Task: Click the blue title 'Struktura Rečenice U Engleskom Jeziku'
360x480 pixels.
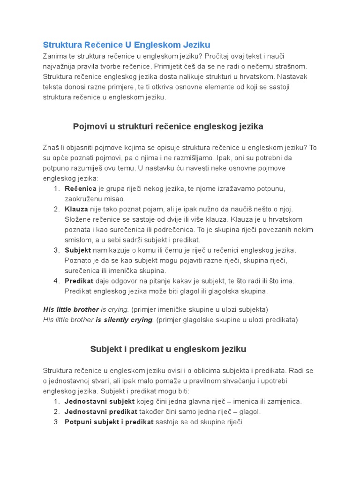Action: pos(127,45)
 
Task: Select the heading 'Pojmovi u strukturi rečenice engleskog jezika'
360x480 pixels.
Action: pos(168,127)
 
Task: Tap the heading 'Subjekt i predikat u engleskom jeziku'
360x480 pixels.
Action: pos(168,349)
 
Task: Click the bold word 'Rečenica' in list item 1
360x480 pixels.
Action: pos(80,188)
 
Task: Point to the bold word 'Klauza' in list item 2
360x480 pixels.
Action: pos(76,209)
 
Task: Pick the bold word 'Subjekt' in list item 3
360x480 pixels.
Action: pos(77,250)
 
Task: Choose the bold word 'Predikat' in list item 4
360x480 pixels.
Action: pos(79,281)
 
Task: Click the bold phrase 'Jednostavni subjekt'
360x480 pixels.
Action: pos(99,402)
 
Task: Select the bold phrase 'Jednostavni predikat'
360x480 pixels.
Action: pos(101,412)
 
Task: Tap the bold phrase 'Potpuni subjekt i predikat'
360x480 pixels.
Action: pos(109,422)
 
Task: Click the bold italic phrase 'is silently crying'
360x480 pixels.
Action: pos(124,320)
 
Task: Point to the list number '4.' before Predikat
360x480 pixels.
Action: pos(56,281)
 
